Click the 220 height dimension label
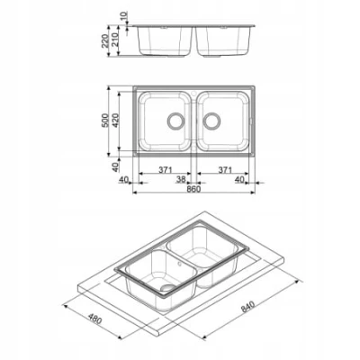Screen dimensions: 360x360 point(104,40)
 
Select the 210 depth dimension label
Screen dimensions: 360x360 point(115,40)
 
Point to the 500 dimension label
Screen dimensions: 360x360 point(104,121)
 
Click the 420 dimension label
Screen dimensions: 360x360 point(116,121)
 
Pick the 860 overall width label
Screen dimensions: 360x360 point(193,189)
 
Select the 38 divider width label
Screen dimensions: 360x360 point(181,179)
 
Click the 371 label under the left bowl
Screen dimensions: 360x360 point(166,170)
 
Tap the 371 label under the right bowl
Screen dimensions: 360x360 point(225,170)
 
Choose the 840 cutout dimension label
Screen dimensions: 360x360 point(247,306)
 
